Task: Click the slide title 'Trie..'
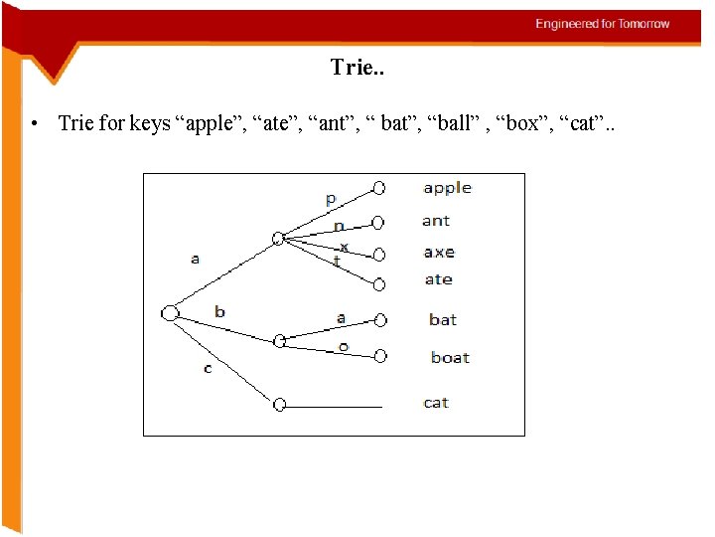(x=357, y=68)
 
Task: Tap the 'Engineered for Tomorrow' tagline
(x=603, y=24)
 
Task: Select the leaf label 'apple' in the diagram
(x=447, y=188)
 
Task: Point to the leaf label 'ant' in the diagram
(x=435, y=221)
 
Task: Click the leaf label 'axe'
(x=438, y=253)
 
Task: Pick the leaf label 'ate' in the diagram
(x=438, y=279)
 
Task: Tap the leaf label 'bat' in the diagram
(x=443, y=319)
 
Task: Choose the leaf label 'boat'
(x=450, y=357)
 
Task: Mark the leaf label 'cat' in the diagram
(x=436, y=403)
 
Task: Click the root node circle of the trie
(x=170, y=314)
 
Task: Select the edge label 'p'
(x=331, y=200)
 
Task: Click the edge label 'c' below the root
(x=208, y=369)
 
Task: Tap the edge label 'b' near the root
(x=219, y=311)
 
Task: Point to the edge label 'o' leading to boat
(x=343, y=346)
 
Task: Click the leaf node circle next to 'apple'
(x=379, y=187)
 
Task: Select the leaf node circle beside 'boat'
(x=379, y=355)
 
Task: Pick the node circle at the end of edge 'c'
(x=279, y=405)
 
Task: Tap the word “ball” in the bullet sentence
(x=460, y=124)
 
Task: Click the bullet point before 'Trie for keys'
(x=34, y=125)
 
